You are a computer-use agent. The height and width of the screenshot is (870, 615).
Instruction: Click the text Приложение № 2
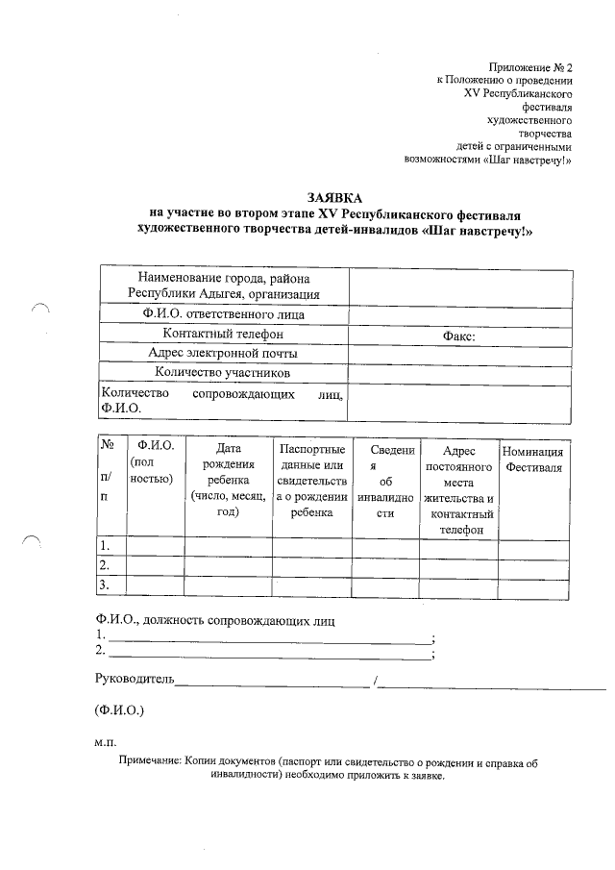pos(529,67)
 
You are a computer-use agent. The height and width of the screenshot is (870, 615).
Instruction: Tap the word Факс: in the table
pos(459,336)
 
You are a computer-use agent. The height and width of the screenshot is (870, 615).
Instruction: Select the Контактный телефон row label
pos(223,334)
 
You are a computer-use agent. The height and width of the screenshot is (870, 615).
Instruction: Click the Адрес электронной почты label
pos(223,353)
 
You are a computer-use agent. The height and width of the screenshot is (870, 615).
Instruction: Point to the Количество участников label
pos(223,372)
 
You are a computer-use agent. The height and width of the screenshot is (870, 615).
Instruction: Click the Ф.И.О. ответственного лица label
pos(223,314)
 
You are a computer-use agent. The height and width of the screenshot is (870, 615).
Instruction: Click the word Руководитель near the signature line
pos(135,680)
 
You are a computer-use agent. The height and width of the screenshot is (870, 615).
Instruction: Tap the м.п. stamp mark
pos(105,743)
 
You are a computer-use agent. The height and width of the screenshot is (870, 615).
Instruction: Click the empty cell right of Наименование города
pos(456,286)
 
